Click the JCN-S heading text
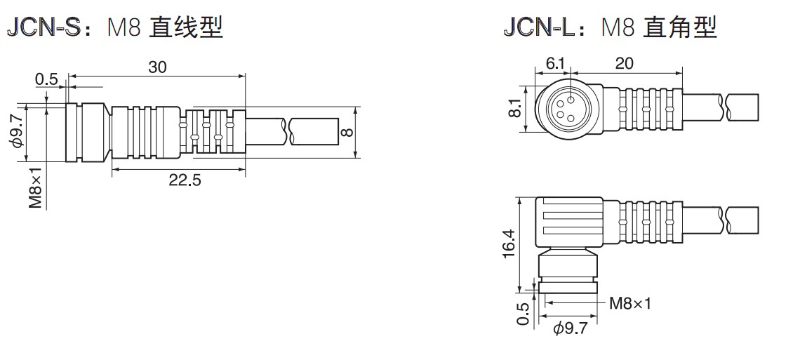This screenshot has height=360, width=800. [44, 27]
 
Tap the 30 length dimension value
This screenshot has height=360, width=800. [157, 67]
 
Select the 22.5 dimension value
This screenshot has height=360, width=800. [185, 180]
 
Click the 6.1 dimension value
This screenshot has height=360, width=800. [555, 63]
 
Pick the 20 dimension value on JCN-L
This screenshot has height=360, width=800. [624, 63]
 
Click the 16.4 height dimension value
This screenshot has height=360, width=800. [509, 244]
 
